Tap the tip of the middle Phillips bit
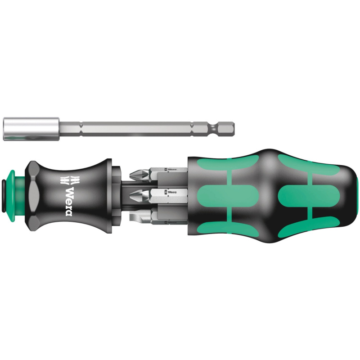click(x=133, y=194)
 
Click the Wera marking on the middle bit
click(x=169, y=193)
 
